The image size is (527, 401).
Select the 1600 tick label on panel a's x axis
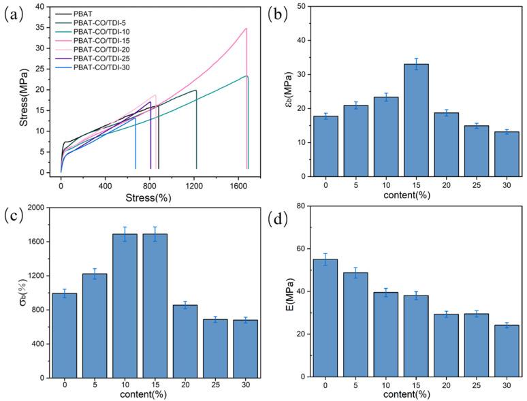pos(238,186)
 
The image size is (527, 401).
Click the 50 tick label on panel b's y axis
pos(297,7)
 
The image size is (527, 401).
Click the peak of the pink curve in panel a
pos(246,29)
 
